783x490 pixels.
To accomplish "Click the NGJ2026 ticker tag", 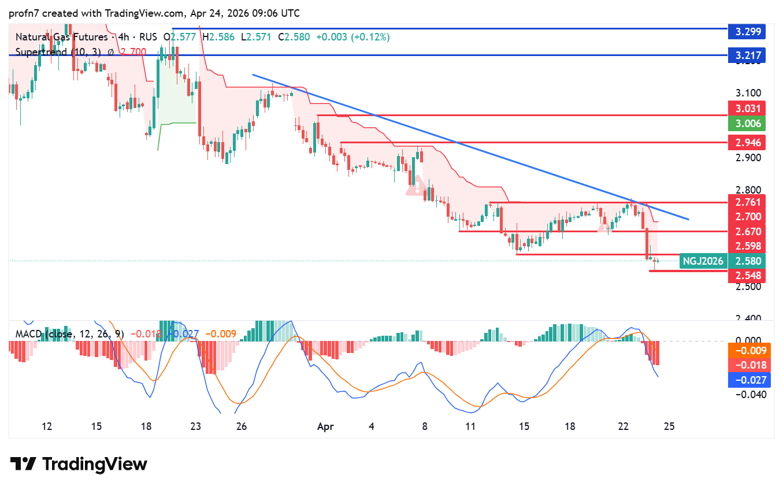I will (703, 261).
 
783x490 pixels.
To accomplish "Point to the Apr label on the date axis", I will (325, 426).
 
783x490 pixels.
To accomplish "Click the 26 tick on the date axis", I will (242, 426).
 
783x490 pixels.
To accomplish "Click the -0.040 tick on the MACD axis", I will (749, 395).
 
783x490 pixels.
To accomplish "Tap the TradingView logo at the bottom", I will (79, 464).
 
